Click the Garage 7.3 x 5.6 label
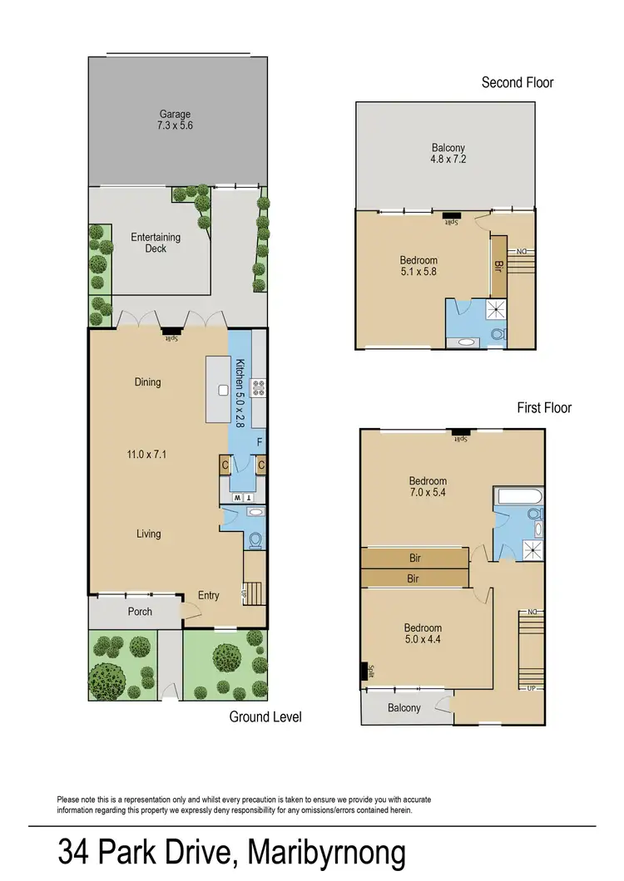click(176, 120)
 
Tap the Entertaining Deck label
click(156, 243)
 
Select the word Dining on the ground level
click(147, 382)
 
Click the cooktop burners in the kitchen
click(258, 387)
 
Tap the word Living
click(149, 534)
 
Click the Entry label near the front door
click(209, 595)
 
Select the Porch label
click(140, 612)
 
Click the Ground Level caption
click(265, 716)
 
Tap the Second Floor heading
click(518, 82)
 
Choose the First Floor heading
click(544, 408)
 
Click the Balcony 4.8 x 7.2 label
click(442, 155)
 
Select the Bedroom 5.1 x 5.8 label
click(418, 266)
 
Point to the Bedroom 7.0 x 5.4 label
click(428, 487)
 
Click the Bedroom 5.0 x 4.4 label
click(423, 634)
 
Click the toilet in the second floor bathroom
click(498, 335)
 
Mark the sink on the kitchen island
click(223, 390)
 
